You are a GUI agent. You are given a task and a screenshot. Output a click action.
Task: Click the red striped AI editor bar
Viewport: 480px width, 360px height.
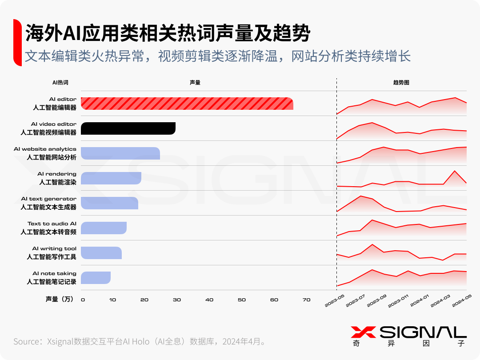[187, 104]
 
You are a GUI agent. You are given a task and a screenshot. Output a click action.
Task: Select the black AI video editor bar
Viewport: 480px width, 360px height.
[128, 128]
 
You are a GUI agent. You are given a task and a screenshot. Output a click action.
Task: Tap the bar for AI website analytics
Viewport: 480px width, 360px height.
[120, 153]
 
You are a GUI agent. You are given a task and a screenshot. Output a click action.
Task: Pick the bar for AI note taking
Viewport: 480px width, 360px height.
[96, 278]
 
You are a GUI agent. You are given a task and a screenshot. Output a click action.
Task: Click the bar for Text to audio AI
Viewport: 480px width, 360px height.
[104, 228]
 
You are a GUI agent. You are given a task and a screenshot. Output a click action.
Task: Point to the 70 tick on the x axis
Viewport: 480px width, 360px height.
[306, 300]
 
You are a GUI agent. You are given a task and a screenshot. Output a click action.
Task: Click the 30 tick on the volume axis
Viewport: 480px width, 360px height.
[177, 300]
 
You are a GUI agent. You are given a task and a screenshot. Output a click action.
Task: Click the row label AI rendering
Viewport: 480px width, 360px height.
[57, 178]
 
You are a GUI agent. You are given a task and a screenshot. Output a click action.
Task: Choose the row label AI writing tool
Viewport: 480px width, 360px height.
[54, 252]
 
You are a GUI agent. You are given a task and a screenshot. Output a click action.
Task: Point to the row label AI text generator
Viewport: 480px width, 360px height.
[48, 203]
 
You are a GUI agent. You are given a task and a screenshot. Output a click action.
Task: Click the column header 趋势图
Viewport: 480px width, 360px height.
[401, 83]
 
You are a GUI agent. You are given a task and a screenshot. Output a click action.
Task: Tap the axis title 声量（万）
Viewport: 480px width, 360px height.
[60, 300]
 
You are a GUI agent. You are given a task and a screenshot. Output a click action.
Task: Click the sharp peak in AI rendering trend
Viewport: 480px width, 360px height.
[454, 171]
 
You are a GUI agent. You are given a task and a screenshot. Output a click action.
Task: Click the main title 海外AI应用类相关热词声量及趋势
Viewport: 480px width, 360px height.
[167, 33]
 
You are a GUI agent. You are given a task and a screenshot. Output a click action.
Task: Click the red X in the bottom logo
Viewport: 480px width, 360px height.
[363, 332]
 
